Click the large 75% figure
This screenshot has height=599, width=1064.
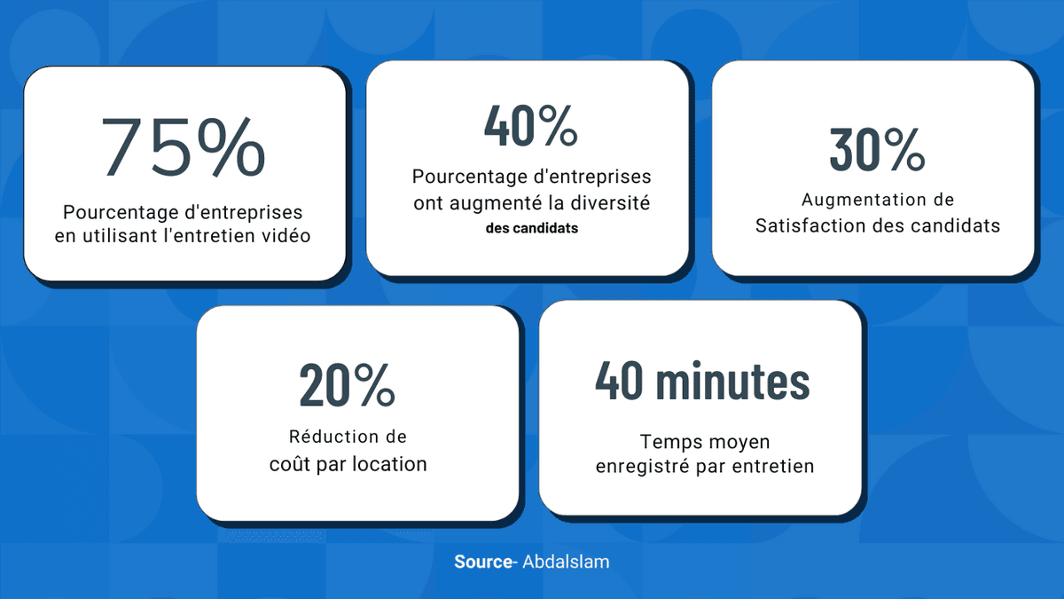tap(184, 146)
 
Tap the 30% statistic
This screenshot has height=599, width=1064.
tap(877, 149)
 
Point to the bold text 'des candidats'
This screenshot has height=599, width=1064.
tap(531, 228)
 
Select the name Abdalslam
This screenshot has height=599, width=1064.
tap(566, 562)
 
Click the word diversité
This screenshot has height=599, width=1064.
tap(612, 203)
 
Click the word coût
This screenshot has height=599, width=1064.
tap(288, 463)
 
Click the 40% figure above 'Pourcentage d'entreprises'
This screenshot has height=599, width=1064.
tap(530, 125)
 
